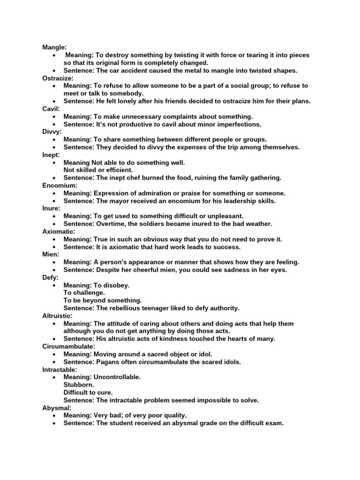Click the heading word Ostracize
click(x=58, y=78)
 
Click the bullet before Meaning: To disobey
click(x=55, y=285)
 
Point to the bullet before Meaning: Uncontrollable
click(x=55, y=377)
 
